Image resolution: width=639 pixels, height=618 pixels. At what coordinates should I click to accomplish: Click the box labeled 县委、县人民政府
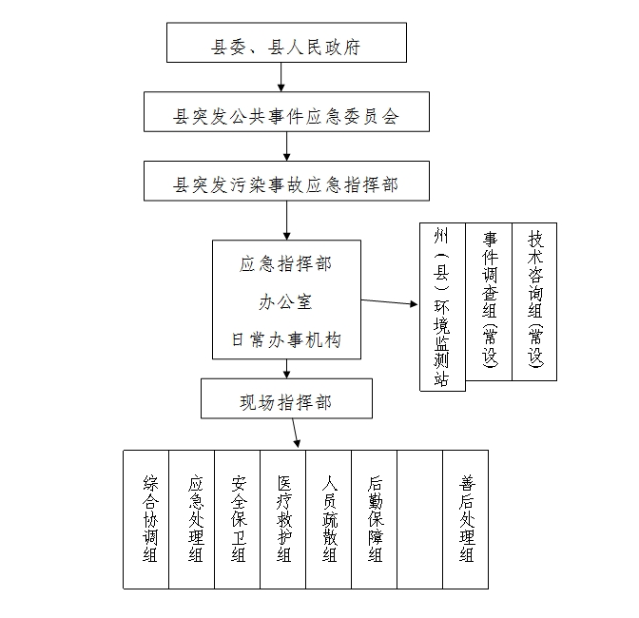point(286,43)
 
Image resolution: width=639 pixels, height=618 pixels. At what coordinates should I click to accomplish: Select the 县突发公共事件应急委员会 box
point(286,111)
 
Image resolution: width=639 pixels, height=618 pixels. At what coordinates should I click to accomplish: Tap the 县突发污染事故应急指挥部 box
point(286,181)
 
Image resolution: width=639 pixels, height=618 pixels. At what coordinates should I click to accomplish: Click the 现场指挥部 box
point(286,398)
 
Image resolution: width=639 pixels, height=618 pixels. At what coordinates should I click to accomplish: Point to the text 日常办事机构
point(286,339)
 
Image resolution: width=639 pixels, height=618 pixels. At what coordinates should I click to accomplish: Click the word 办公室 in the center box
point(285,302)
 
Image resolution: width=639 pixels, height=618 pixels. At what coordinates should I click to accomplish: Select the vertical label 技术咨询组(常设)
point(535,299)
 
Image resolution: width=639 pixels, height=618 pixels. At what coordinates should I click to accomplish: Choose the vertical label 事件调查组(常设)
point(490,299)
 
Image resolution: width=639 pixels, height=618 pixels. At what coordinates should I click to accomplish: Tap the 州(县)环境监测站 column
point(442,307)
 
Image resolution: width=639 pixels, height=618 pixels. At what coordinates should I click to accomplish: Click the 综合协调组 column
point(146,519)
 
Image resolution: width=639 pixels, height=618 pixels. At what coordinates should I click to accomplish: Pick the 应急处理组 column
point(192,519)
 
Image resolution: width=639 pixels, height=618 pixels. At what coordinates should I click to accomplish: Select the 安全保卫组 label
point(239,518)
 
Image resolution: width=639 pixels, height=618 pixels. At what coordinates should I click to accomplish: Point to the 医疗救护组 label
point(284,518)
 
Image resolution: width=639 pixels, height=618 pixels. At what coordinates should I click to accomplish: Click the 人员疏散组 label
point(330,518)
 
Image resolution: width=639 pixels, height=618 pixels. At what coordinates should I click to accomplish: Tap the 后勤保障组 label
point(376,518)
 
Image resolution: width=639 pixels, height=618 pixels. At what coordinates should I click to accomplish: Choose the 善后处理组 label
point(467,518)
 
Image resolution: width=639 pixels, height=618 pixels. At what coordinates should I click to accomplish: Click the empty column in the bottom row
point(420,519)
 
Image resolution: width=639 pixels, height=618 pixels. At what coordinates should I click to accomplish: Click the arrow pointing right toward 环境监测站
point(389,302)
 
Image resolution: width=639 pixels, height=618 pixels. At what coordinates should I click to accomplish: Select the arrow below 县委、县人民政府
point(281,77)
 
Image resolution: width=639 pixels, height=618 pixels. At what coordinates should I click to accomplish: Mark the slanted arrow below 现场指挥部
point(296,433)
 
